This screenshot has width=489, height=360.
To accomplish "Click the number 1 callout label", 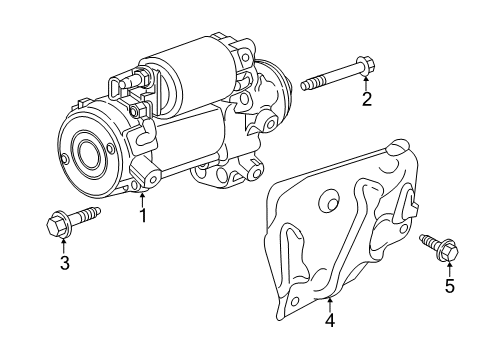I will pos(143,214).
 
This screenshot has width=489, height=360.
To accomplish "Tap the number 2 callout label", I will pos(367,98).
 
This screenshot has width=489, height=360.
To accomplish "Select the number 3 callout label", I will pos(64,262).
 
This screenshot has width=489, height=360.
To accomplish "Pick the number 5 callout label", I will pos(449,287).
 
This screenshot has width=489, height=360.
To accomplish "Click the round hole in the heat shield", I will pos(324,206).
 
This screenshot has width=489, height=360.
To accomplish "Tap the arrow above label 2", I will pos(367,80).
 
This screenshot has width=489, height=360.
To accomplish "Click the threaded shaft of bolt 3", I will pos(86,214).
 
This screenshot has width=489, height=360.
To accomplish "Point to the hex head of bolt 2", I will pos(366,66).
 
